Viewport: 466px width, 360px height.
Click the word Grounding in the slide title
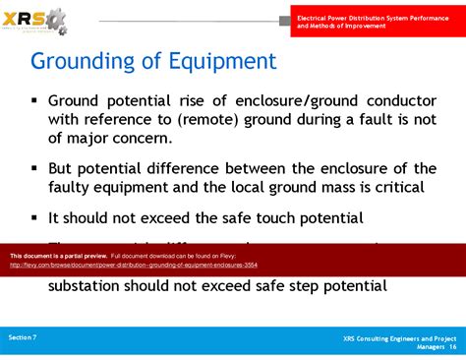click(x=82, y=61)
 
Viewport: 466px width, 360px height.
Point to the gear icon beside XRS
click(x=58, y=19)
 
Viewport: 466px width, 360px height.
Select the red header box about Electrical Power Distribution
click(x=378, y=23)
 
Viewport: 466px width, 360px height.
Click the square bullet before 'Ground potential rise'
click(x=34, y=100)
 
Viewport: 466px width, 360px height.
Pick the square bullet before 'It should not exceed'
click(x=34, y=217)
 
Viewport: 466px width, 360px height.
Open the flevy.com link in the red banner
click(x=134, y=265)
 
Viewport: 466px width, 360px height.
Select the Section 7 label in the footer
click(x=23, y=337)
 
